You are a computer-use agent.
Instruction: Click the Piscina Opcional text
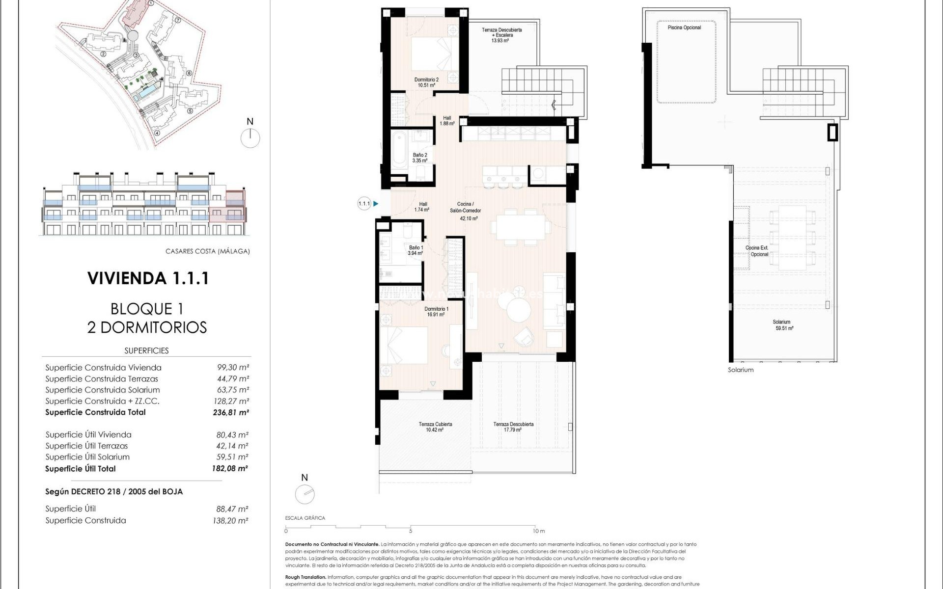coord(684,27)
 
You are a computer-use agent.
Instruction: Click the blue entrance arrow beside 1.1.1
coord(376,203)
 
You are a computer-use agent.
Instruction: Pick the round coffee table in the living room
coord(519,310)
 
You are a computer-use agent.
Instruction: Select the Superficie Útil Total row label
coord(81,469)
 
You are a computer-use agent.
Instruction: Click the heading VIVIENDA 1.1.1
coord(148,278)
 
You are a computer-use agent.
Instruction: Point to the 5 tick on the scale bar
coord(410,531)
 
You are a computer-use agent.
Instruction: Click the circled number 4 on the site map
coord(157,133)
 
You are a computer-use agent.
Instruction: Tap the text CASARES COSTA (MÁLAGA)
coord(207,251)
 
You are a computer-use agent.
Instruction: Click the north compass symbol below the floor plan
coord(305,493)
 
